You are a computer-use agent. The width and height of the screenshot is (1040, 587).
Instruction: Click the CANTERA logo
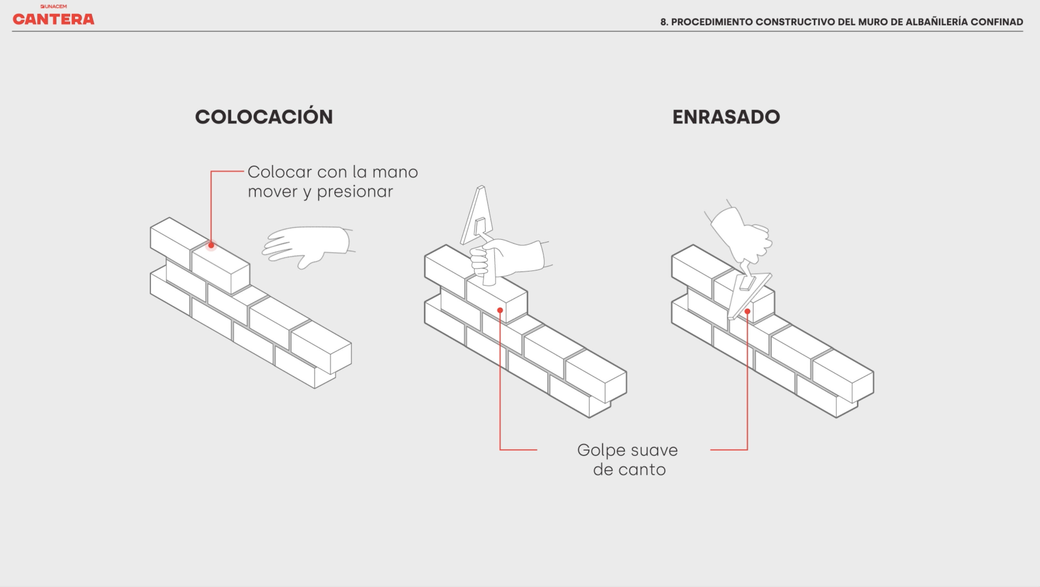[x=53, y=19]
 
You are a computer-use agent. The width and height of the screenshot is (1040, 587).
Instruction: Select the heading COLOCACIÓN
[x=264, y=117]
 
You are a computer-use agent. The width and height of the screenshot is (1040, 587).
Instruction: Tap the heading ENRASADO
[x=726, y=117]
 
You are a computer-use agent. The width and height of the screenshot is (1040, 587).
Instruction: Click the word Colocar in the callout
[x=280, y=172]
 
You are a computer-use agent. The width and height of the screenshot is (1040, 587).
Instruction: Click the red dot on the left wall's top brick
[x=211, y=245]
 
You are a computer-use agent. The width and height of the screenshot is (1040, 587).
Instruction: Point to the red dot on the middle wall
[x=500, y=310]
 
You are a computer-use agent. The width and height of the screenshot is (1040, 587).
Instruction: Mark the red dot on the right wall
[x=747, y=311]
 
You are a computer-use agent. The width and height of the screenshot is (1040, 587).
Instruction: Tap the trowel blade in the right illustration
[x=750, y=295]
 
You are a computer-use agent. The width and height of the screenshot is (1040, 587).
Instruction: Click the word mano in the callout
[x=395, y=172]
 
